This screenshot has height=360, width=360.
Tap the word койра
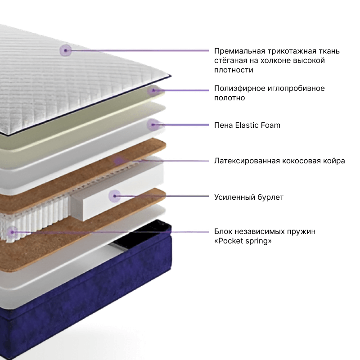pos(334,161)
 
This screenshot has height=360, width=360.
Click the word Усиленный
pos(234,197)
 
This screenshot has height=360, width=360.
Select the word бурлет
pos(270,197)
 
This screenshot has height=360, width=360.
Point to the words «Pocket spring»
pos(243,241)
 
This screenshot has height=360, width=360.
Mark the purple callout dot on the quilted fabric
pos(66,50)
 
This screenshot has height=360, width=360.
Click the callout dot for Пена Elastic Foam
pos(153,125)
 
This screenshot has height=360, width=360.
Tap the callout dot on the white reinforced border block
pos(115,196)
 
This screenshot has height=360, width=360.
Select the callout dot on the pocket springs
pos(12,232)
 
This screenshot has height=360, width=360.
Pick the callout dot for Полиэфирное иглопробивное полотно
pos(153,90)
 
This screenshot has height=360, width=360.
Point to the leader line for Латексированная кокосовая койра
pos(163,161)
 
